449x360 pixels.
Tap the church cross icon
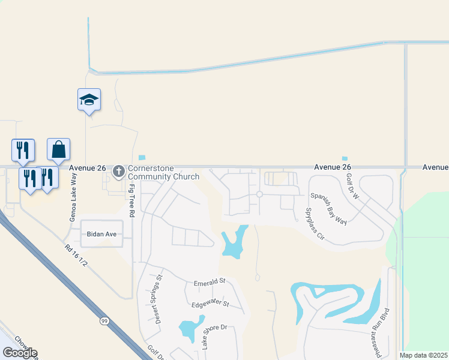point(118,172)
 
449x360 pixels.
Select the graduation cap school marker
point(89,100)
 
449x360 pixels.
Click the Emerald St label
point(209,281)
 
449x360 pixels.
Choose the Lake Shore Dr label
point(214,337)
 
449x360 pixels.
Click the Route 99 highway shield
point(104,322)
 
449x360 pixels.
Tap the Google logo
point(19,352)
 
